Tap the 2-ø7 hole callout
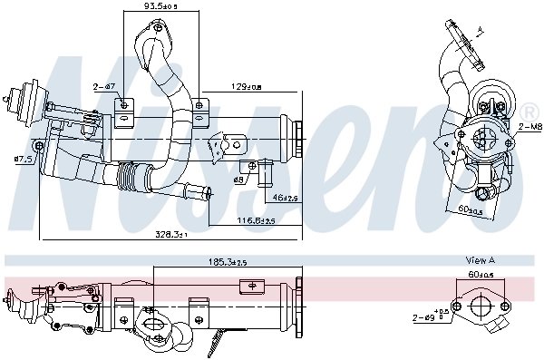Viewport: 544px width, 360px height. [104, 87]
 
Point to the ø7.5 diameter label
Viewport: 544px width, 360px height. [23, 159]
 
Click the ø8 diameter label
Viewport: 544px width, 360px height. [238, 180]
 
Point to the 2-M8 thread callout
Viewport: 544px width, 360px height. [529, 128]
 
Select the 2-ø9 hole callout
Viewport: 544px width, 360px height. [426, 316]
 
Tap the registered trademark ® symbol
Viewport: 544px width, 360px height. [528, 110]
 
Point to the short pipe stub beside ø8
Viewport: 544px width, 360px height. [267, 168]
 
